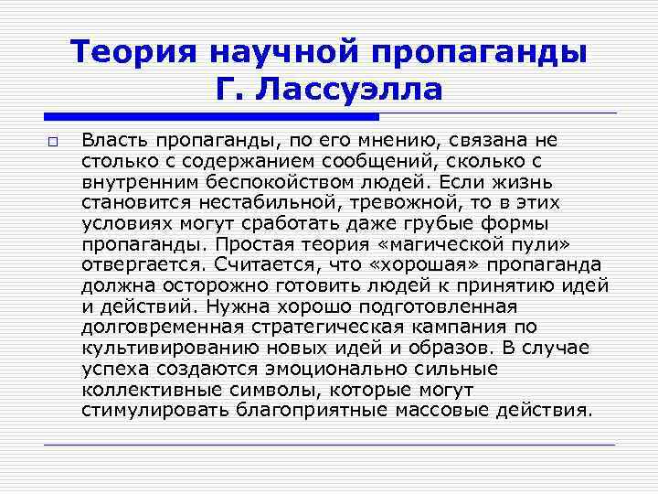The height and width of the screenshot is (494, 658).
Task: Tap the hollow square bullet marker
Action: click(x=53, y=142)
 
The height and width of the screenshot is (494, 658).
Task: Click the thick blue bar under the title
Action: click(x=211, y=117)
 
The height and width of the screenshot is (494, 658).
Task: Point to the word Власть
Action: click(x=112, y=140)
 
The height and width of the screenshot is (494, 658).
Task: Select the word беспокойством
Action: click(x=292, y=181)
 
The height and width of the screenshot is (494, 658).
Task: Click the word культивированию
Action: click(x=160, y=347)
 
